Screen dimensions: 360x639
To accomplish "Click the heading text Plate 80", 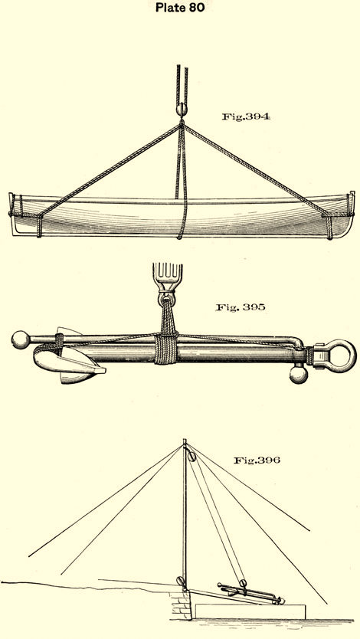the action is pos(179,8).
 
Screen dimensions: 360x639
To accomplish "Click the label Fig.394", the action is pos(246,116).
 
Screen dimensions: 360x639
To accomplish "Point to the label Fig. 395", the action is pos(241,307).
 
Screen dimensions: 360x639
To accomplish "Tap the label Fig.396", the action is pos(257,460).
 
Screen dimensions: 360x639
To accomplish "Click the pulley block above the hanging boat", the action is pos(182,110).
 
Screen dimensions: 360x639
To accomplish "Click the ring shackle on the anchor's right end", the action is pos(335,356).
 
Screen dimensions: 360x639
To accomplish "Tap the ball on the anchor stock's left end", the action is pos(21,340).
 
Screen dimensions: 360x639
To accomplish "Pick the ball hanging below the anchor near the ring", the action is pos(299,374).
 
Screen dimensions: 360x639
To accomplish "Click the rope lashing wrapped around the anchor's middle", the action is pos(166,348).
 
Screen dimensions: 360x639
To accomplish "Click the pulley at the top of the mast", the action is pos(191,454).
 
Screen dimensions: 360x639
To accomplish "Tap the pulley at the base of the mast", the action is pos(181,581).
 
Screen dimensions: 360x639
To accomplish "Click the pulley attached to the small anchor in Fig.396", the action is pos(243,582).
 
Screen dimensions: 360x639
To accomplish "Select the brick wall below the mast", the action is pos(182,605).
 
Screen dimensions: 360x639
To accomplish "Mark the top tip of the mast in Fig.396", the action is pos(185,439).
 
